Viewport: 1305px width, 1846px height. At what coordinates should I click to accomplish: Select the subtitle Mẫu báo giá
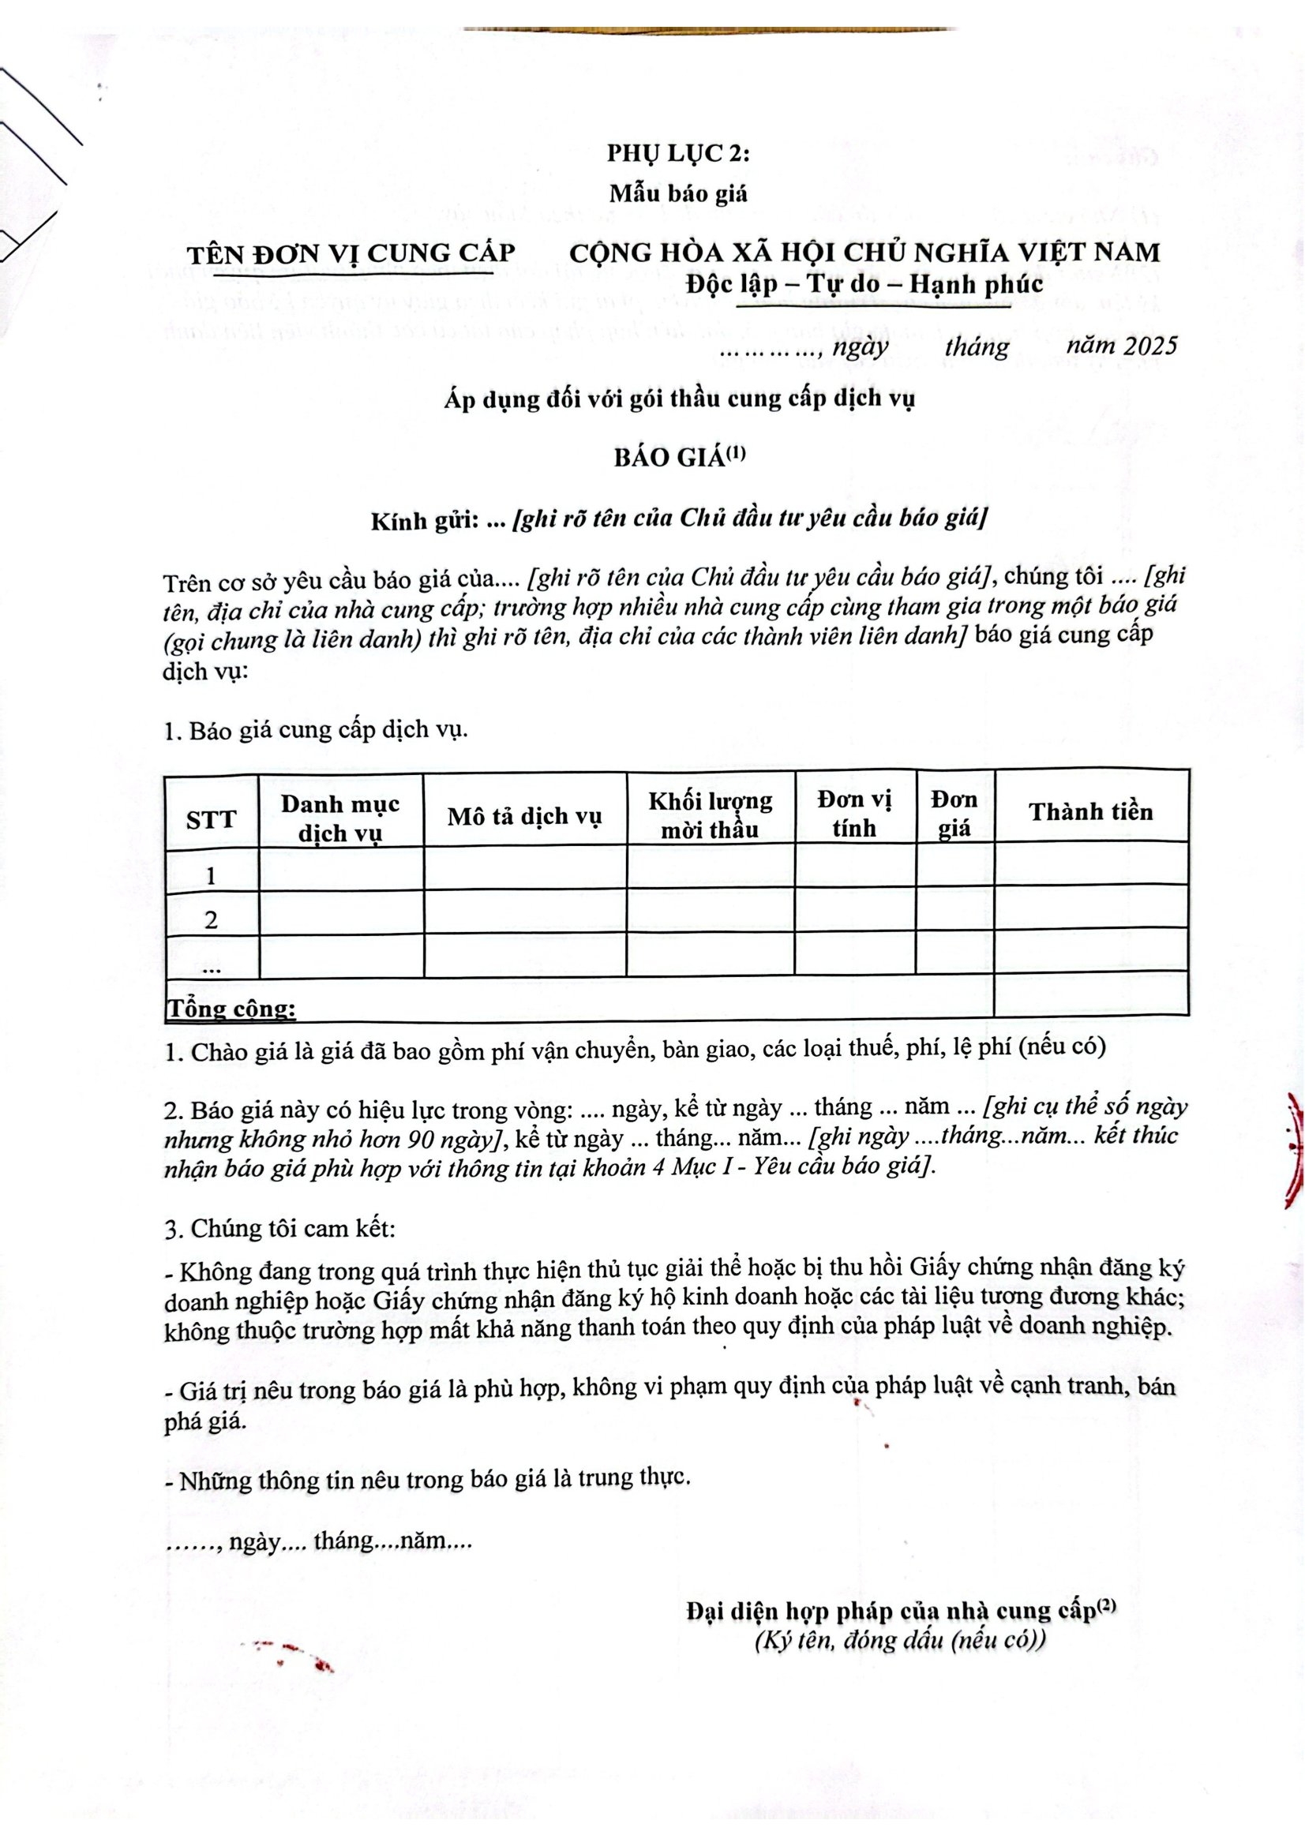(x=678, y=194)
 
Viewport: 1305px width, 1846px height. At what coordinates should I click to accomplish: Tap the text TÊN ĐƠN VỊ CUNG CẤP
(x=351, y=253)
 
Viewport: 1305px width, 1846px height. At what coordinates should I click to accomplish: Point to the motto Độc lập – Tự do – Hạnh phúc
(x=864, y=285)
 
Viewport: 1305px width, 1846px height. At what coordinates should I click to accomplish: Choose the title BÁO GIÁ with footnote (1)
(x=680, y=458)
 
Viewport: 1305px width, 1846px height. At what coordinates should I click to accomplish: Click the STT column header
(x=212, y=820)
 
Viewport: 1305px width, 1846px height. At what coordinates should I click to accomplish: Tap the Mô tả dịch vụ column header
(x=524, y=817)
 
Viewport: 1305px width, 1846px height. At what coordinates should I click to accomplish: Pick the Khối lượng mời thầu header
(x=710, y=814)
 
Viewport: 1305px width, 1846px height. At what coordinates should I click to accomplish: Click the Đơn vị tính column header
(x=854, y=814)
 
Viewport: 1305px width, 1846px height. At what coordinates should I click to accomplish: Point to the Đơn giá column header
(x=954, y=814)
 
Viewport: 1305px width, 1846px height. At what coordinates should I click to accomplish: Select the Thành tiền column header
(x=1090, y=812)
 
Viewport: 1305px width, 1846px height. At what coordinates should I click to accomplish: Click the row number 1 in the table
(x=212, y=875)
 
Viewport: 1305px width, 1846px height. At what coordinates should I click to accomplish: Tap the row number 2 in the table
(x=212, y=919)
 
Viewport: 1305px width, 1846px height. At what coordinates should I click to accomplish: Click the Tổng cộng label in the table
(x=231, y=1007)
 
